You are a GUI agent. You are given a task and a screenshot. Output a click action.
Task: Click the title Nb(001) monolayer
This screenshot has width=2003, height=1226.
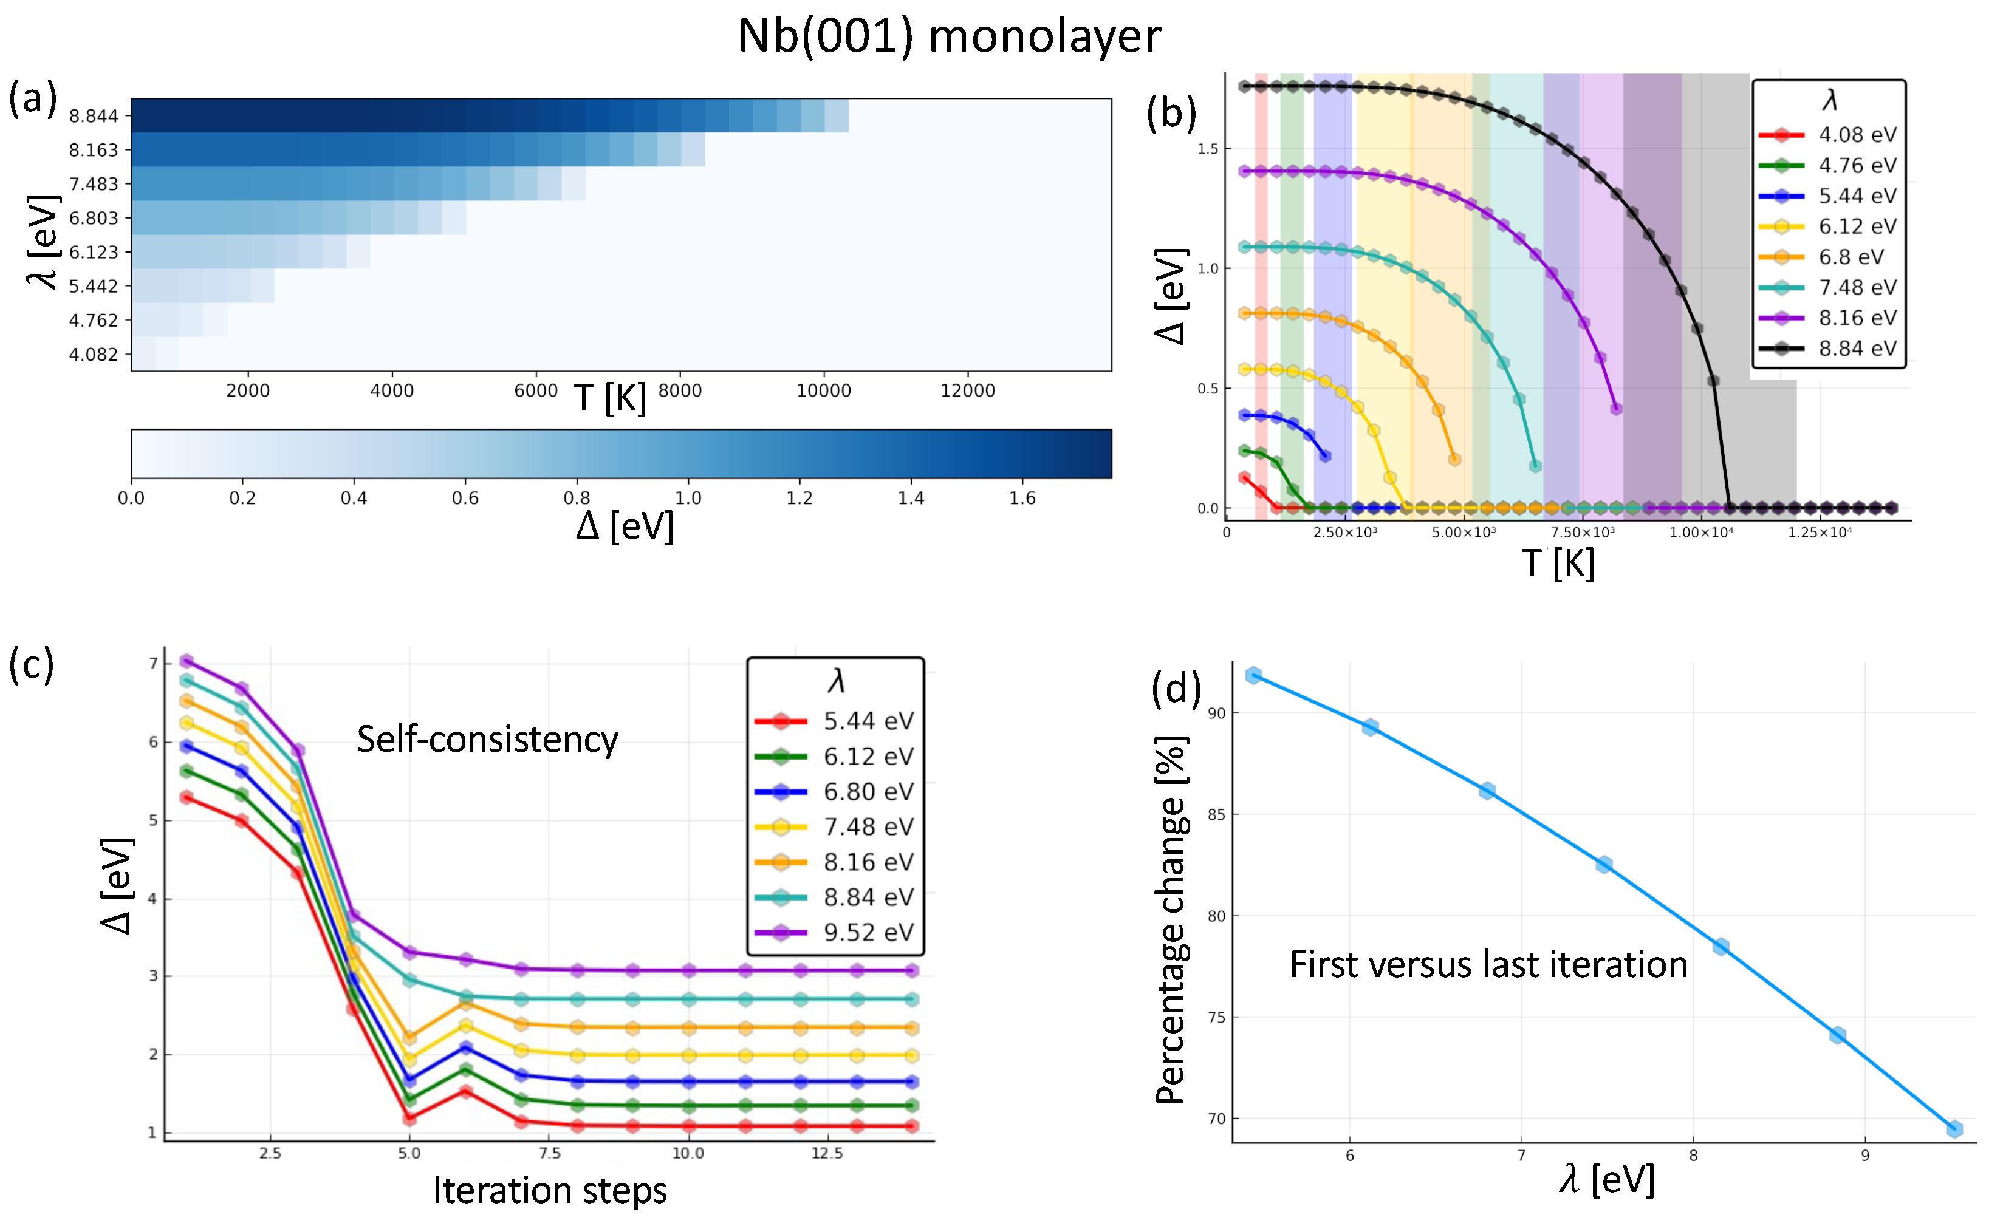click(949, 36)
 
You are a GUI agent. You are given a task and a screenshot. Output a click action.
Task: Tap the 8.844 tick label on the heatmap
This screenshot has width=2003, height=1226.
click(94, 116)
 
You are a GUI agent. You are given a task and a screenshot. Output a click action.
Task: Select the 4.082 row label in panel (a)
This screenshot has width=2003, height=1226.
click(94, 354)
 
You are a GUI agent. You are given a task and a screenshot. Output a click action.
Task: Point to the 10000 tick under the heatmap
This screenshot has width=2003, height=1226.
click(823, 391)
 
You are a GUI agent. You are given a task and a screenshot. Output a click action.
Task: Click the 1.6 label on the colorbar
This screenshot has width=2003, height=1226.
click(1022, 498)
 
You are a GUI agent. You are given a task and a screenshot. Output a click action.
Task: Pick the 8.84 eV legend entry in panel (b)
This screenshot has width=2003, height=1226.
click(1857, 349)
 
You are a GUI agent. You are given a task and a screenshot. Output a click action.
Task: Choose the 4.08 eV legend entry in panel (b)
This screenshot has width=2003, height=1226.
click(1857, 135)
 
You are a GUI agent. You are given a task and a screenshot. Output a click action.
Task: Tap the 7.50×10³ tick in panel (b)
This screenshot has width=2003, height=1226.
click(1582, 532)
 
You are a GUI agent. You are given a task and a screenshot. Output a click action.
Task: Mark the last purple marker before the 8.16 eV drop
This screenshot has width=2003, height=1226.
click(1616, 409)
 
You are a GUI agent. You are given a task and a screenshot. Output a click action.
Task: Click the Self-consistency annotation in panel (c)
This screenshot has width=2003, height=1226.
click(487, 740)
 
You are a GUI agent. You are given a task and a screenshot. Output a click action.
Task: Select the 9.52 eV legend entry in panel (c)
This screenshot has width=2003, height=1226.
click(868, 932)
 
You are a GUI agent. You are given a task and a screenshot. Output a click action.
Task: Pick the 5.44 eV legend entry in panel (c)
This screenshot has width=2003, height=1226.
click(868, 721)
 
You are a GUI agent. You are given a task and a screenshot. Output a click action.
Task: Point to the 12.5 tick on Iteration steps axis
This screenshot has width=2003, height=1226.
click(827, 1153)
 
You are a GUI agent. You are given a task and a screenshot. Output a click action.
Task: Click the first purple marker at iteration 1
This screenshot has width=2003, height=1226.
click(186, 661)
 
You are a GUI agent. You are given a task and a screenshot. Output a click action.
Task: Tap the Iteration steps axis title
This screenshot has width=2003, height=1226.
click(550, 1190)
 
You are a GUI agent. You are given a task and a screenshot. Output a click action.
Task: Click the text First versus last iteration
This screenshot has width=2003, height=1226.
click(1488, 964)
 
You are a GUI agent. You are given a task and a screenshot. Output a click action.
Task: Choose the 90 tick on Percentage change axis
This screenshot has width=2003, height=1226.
click(1216, 713)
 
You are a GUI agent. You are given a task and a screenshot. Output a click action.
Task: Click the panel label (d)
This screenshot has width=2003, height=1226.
click(1176, 688)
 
